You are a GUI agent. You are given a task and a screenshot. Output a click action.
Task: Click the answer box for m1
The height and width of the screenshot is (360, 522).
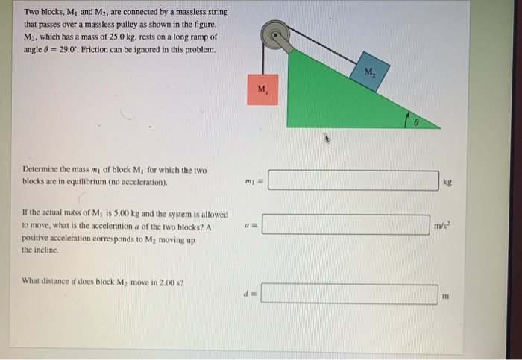coord(353,181)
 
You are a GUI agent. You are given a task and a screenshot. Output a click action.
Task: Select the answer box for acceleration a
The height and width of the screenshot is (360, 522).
coord(345,224)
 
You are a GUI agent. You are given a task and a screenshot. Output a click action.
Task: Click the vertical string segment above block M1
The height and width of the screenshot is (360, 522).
coord(262,60)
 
